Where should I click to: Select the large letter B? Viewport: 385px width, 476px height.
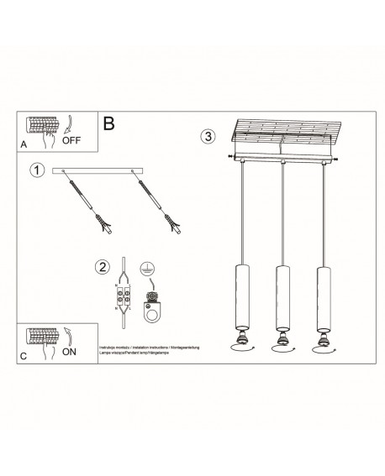click(108, 123)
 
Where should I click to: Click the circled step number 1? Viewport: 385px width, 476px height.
click(35, 170)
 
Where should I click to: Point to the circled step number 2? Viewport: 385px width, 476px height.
click(103, 268)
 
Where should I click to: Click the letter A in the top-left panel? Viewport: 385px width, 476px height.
click(23, 144)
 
